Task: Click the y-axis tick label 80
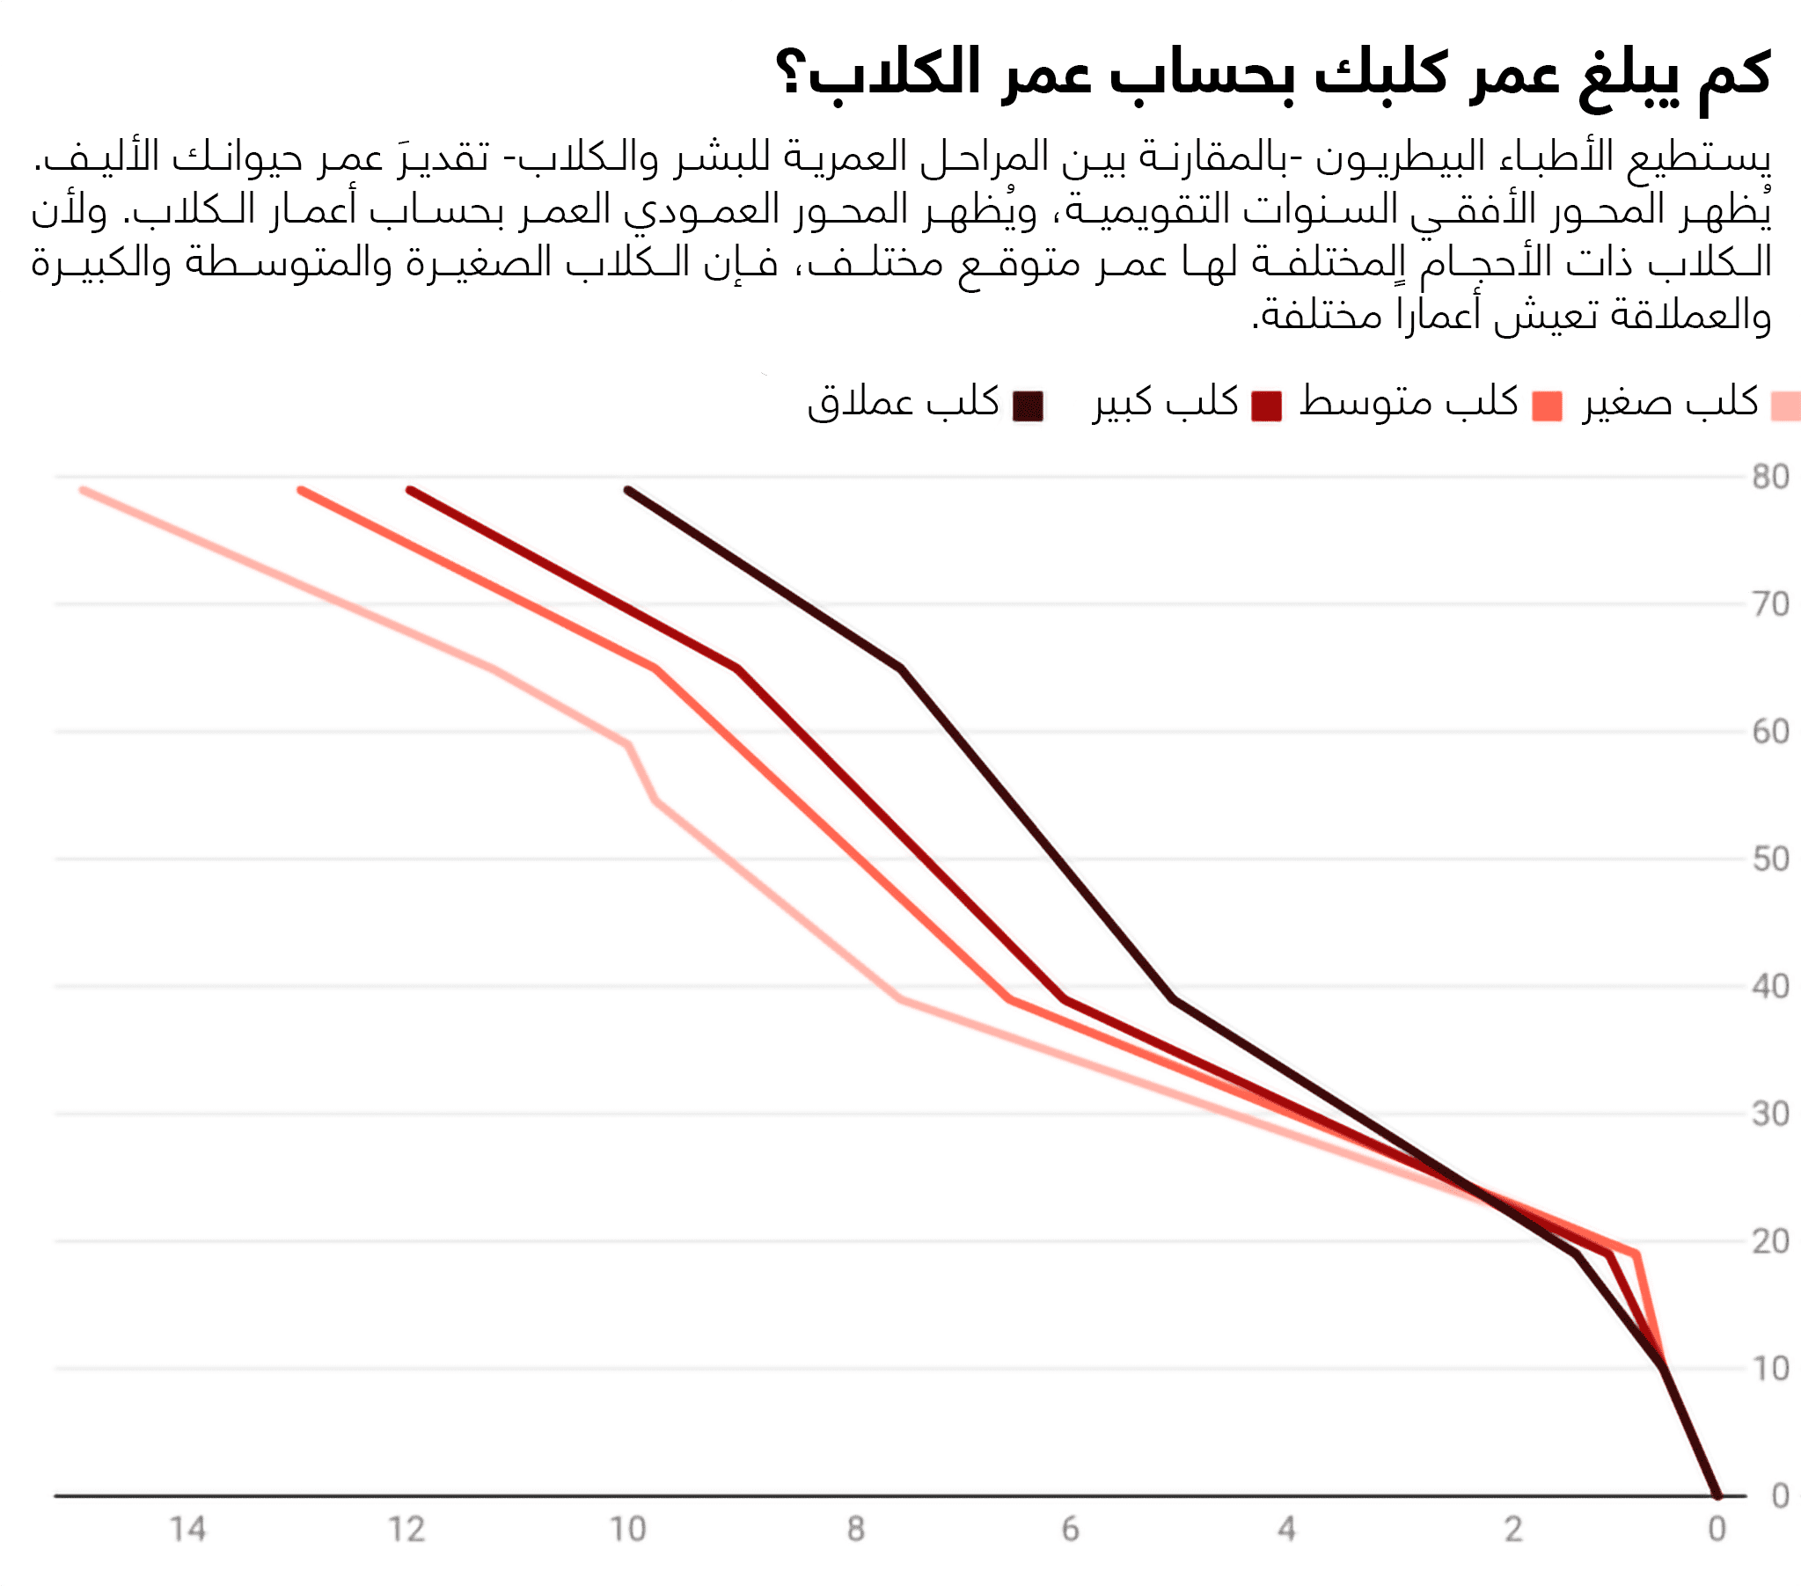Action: tap(1769, 478)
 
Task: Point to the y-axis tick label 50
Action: tap(1769, 859)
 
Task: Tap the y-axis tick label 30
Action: tap(1769, 1115)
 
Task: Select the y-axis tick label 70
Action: tap(1769, 604)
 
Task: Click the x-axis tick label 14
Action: tap(187, 1530)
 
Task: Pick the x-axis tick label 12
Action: tap(406, 1530)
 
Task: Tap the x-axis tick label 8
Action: tap(855, 1530)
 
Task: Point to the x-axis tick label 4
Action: tap(1286, 1530)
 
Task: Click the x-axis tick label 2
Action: tap(1513, 1530)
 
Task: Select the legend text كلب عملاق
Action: tap(904, 403)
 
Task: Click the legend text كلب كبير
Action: tap(1166, 403)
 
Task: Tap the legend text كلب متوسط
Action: tap(1409, 403)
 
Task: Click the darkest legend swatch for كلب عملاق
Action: tap(1029, 406)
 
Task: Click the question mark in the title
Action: tap(790, 73)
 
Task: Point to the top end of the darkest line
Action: tap(627, 489)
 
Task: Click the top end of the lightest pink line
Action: tap(83, 490)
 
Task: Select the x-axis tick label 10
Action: tap(628, 1530)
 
